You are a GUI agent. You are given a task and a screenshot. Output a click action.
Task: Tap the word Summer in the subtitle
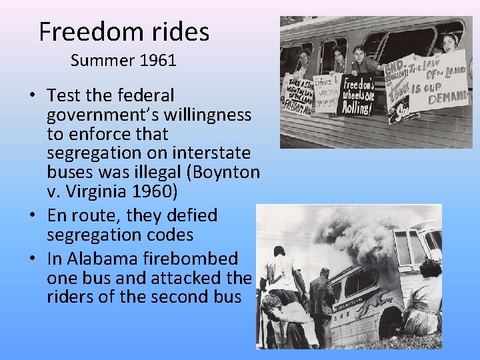103,61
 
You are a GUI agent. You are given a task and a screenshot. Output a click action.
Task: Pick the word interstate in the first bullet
213,153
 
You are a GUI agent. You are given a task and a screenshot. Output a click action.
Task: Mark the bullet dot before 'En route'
32,216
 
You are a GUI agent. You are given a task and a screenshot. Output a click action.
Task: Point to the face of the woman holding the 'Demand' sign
451,41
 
